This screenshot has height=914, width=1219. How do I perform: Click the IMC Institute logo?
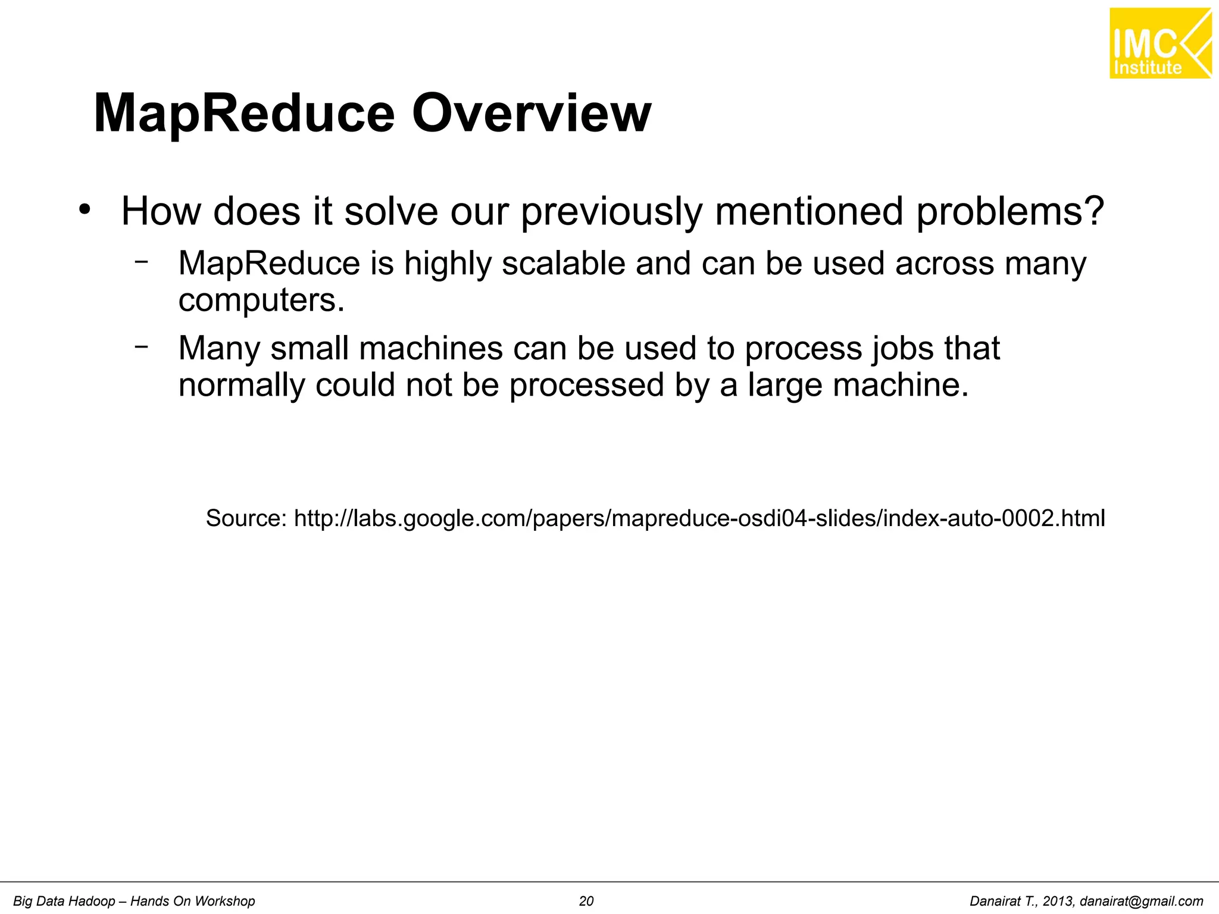pyautogui.click(x=1159, y=43)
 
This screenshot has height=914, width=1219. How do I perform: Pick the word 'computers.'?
pyautogui.click(x=261, y=300)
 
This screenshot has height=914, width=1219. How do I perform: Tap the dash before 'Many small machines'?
pyautogui.click(x=141, y=346)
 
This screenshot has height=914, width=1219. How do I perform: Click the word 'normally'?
pyautogui.click(x=242, y=385)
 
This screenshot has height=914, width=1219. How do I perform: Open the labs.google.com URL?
pyautogui.click(x=699, y=518)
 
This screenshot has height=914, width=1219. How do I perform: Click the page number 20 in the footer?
pyautogui.click(x=586, y=902)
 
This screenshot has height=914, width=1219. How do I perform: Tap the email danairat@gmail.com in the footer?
pyautogui.click(x=1141, y=902)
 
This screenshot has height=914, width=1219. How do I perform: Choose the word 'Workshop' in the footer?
pyautogui.click(x=227, y=902)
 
